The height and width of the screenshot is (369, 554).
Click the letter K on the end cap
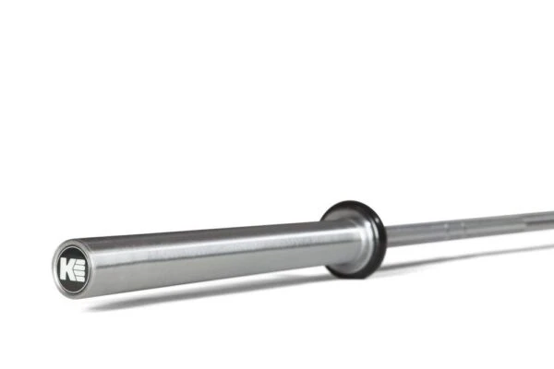point(66,269)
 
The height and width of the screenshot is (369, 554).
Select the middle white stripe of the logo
point(78,268)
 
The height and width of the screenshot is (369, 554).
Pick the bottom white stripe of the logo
point(78,275)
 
